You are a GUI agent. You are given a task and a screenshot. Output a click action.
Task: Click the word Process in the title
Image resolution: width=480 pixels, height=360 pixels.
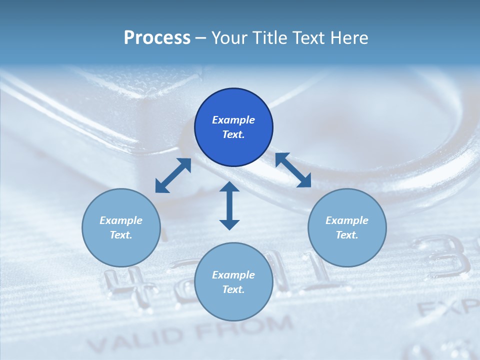(157, 38)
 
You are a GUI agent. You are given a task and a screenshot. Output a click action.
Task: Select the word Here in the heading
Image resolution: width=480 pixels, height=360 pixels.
(348, 38)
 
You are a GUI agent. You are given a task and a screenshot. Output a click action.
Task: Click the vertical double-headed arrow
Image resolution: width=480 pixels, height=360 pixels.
(229, 205)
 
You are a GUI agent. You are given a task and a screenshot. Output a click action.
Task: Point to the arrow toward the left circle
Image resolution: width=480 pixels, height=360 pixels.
(173, 175)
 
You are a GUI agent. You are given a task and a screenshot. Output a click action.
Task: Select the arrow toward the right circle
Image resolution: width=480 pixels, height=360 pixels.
(293, 170)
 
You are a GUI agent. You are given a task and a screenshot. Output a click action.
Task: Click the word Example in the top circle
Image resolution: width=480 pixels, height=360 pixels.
(233, 120)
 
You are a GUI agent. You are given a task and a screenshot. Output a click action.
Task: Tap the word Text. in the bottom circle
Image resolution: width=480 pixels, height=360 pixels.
(233, 289)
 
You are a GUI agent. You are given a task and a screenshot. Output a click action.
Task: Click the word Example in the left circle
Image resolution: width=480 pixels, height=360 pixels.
(121, 220)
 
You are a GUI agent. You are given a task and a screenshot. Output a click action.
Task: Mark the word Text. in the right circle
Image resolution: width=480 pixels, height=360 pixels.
(347, 235)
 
